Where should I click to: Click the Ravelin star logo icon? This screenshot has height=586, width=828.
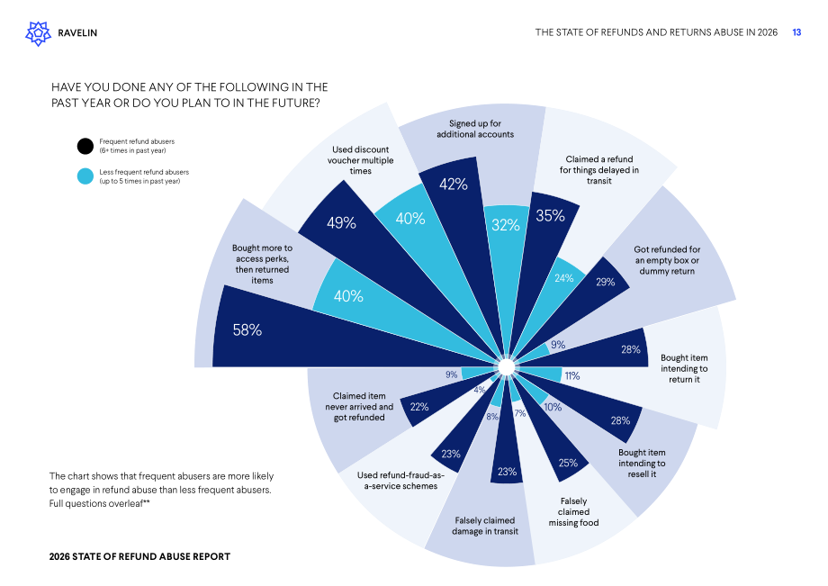coord(39,33)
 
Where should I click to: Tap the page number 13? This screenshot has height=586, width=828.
coord(796,32)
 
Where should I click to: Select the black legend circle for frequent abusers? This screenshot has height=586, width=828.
coord(85,146)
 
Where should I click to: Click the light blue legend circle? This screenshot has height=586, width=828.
coord(85,176)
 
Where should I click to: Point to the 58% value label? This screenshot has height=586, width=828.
coord(247,330)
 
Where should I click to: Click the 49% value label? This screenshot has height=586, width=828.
coord(341,222)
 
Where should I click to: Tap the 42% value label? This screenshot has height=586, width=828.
coord(454,185)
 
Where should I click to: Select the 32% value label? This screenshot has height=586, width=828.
coord(506,225)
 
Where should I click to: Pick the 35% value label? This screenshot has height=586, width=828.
coord(550,215)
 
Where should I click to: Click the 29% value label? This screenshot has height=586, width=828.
coord(605,282)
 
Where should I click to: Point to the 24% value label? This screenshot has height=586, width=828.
coord(564,277)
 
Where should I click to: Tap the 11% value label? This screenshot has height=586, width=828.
coord(572,376)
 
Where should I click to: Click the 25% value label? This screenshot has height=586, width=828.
coord(568,463)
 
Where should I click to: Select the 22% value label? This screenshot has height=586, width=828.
coord(419,407)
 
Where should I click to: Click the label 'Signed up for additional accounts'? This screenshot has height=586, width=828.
coord(475,129)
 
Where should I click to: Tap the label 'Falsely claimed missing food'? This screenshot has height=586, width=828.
coord(573,512)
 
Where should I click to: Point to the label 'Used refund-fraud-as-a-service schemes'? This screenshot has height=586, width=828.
coord(400,481)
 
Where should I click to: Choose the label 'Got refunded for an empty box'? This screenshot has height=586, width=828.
coord(667,260)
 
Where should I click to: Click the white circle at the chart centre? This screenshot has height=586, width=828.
coord(506,366)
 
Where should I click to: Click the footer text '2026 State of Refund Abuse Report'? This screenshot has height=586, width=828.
coord(139,556)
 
